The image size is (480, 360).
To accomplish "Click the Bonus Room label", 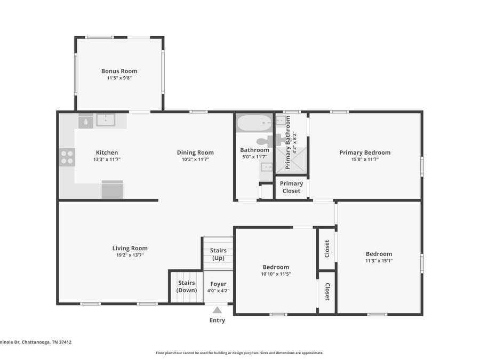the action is click(x=119, y=71).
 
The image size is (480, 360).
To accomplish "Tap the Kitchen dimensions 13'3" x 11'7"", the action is click(x=107, y=159).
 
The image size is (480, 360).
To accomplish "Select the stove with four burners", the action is click(x=67, y=157).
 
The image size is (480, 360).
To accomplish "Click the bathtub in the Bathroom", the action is click(x=254, y=123).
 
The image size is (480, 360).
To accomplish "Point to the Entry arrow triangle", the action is click(x=217, y=310).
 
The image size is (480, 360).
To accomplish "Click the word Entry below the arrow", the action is click(x=217, y=321).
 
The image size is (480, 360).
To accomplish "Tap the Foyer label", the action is click(x=218, y=284).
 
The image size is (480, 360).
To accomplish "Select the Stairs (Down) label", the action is click(x=187, y=286).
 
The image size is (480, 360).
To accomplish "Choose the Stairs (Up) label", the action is click(x=218, y=254).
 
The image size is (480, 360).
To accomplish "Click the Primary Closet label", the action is click(x=291, y=187).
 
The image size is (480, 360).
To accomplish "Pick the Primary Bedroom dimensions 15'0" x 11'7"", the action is click(x=365, y=159).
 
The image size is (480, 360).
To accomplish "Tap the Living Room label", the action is click(x=130, y=248).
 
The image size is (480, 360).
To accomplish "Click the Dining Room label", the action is click(x=195, y=153).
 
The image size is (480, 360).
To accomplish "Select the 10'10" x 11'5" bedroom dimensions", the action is click(x=276, y=274).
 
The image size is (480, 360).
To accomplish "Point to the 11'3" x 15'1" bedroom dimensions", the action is click(x=379, y=261).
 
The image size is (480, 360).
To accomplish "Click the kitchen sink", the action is click(x=106, y=119).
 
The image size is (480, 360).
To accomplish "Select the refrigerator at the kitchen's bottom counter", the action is click(x=113, y=190).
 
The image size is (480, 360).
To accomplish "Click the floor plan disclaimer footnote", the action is click(x=239, y=353).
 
